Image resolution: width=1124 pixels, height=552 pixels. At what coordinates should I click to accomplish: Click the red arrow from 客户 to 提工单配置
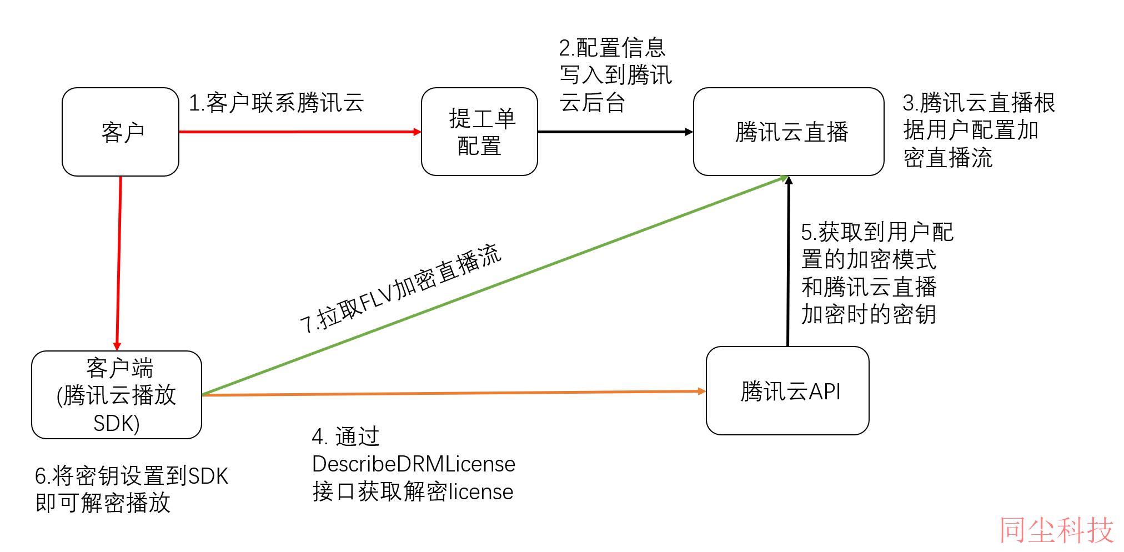(300, 132)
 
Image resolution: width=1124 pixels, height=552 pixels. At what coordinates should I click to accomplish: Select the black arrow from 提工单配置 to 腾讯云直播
(615, 132)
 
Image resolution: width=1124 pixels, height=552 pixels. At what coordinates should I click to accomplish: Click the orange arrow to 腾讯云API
(454, 393)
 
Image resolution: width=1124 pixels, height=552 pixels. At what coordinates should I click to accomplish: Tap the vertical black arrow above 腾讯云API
(787, 261)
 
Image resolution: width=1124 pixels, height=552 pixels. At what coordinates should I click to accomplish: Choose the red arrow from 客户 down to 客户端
(119, 263)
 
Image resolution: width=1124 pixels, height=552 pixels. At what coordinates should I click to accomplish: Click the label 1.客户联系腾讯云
(277, 103)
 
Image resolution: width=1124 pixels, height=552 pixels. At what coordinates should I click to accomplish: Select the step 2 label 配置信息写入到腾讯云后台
(615, 75)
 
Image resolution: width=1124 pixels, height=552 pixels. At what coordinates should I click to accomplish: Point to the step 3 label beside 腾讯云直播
(979, 131)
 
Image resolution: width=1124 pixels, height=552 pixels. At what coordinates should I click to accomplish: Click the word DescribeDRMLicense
(414, 464)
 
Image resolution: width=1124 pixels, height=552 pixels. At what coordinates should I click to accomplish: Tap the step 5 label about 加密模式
(877, 273)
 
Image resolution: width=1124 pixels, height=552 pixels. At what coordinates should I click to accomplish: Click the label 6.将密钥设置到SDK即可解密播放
(132, 489)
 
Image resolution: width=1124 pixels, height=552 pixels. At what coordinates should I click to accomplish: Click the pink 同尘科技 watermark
(1057, 530)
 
